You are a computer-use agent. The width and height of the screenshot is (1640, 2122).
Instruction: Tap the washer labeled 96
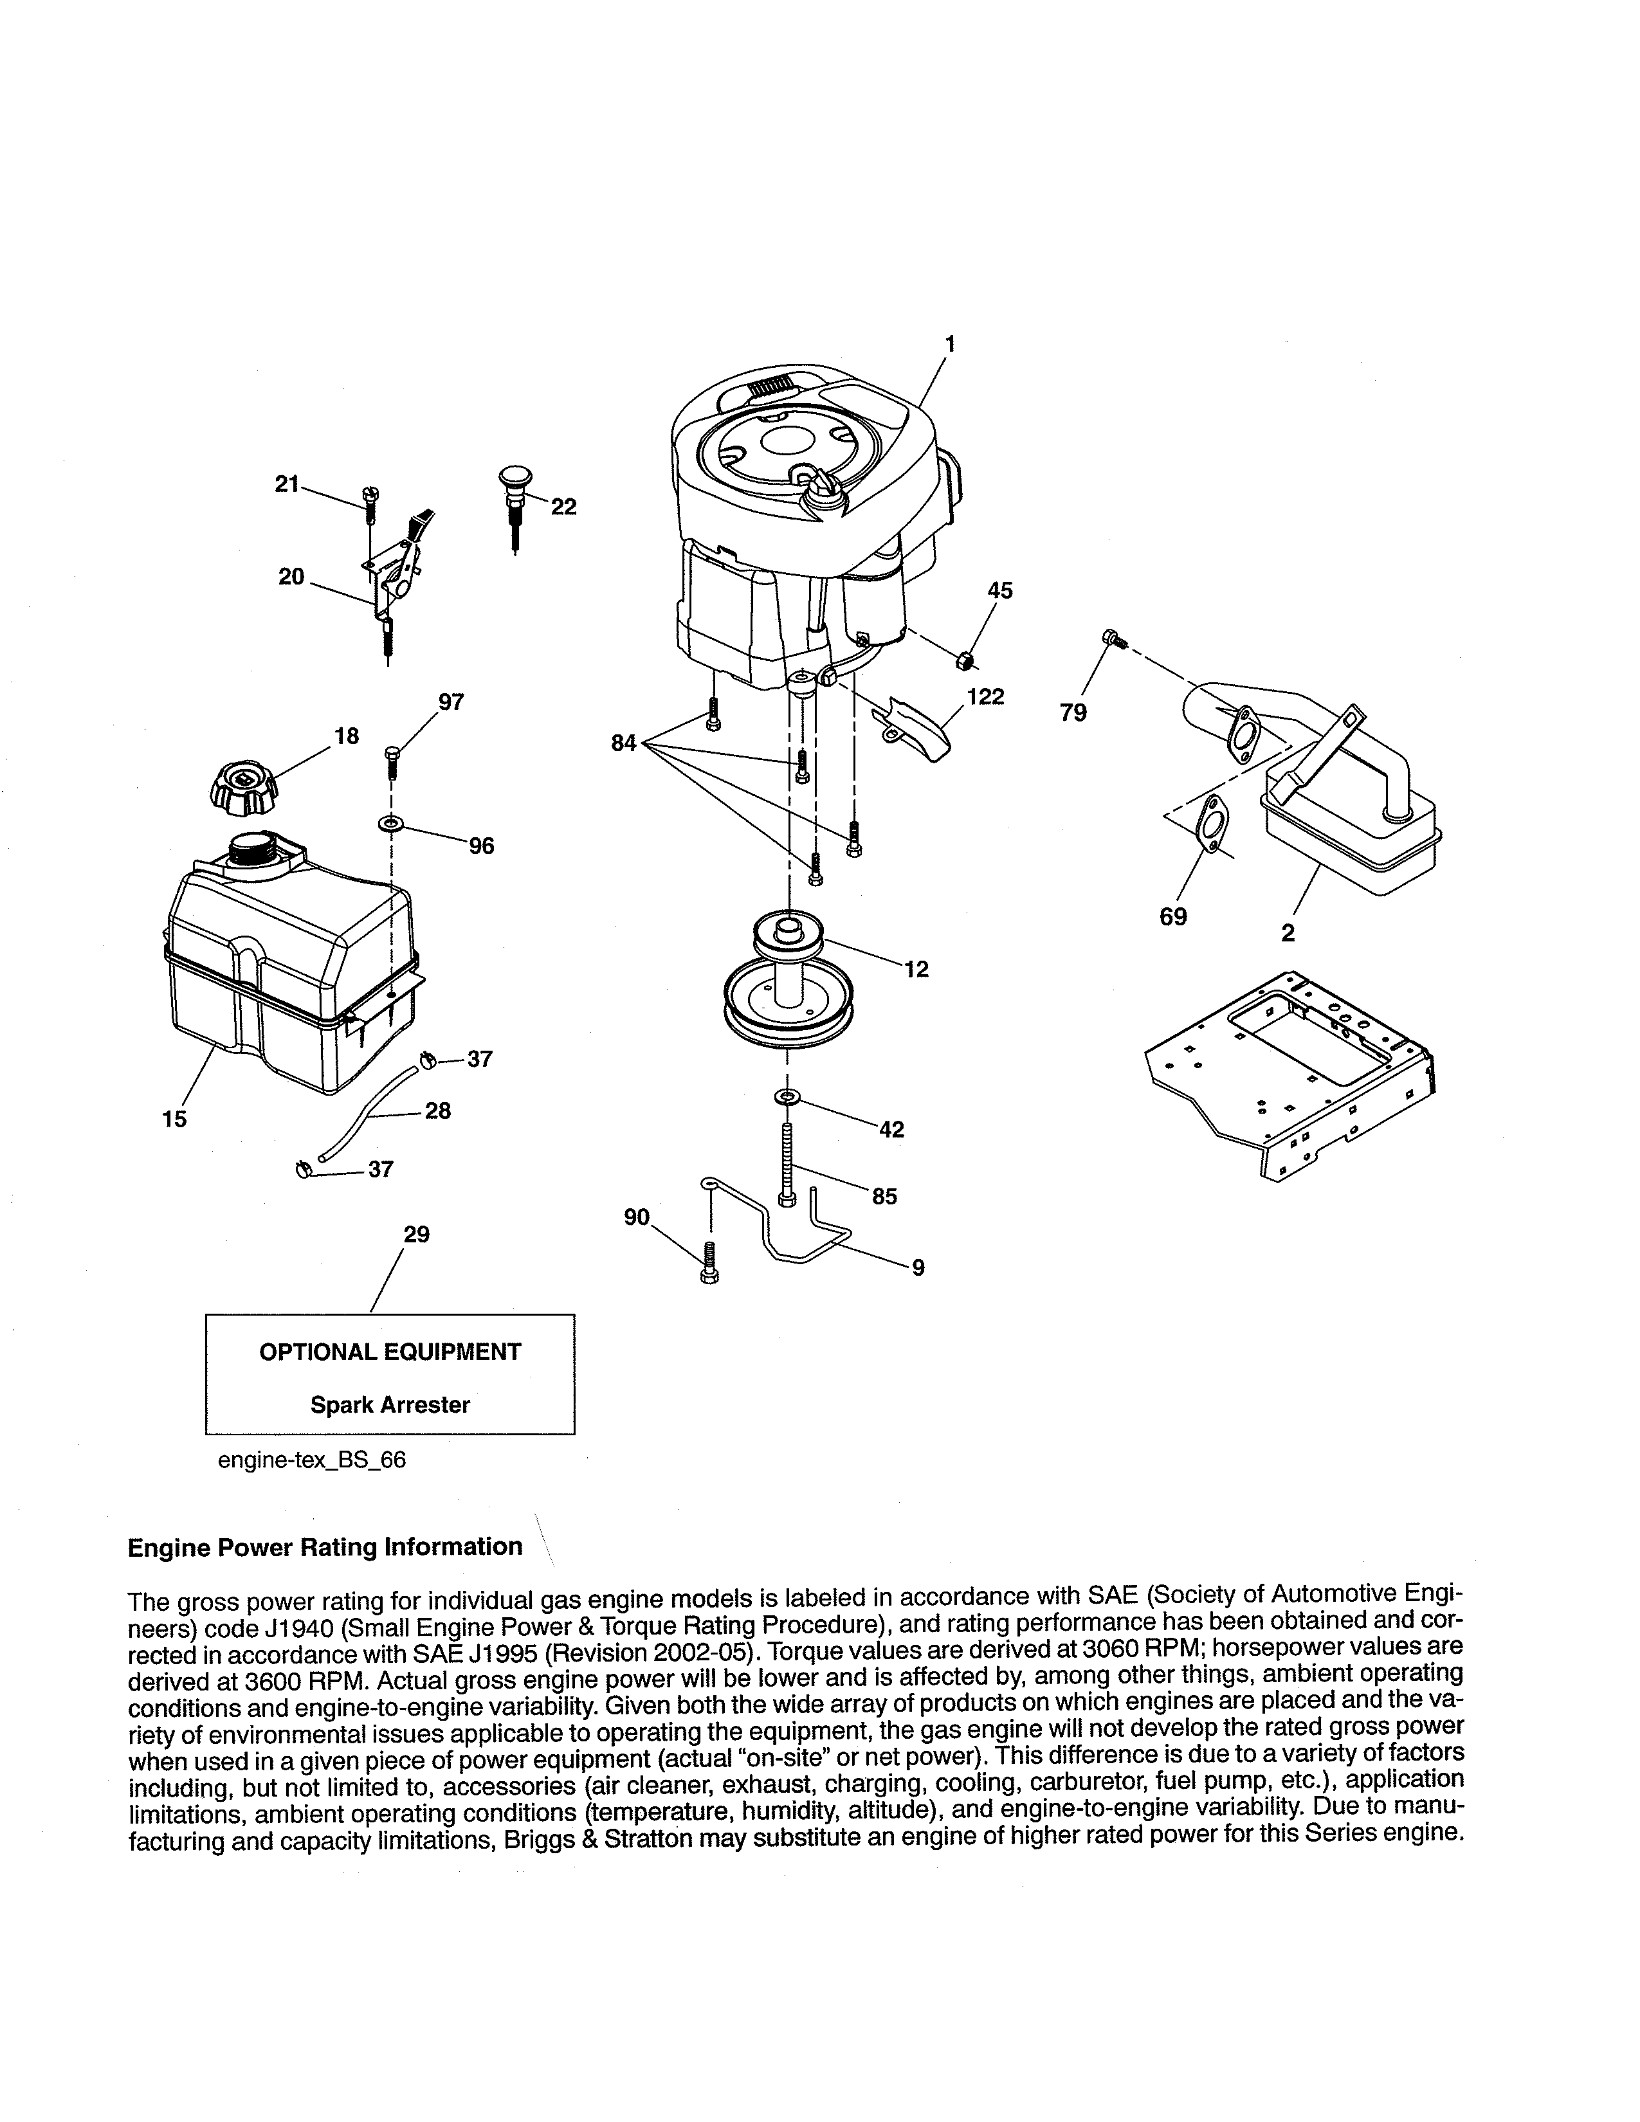point(390,825)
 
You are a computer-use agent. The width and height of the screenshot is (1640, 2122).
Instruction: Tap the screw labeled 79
point(1113,639)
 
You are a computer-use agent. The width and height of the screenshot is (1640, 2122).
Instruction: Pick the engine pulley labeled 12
point(788,981)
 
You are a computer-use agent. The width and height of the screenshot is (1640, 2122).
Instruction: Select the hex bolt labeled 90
point(708,1263)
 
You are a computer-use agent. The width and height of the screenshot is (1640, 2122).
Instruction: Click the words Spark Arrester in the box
point(390,1405)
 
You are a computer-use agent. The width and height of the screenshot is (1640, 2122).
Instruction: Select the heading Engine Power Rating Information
point(325,1546)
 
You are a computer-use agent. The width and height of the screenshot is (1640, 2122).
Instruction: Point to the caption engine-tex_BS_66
point(311,1460)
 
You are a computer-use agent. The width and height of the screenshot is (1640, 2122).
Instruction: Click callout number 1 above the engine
point(949,343)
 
